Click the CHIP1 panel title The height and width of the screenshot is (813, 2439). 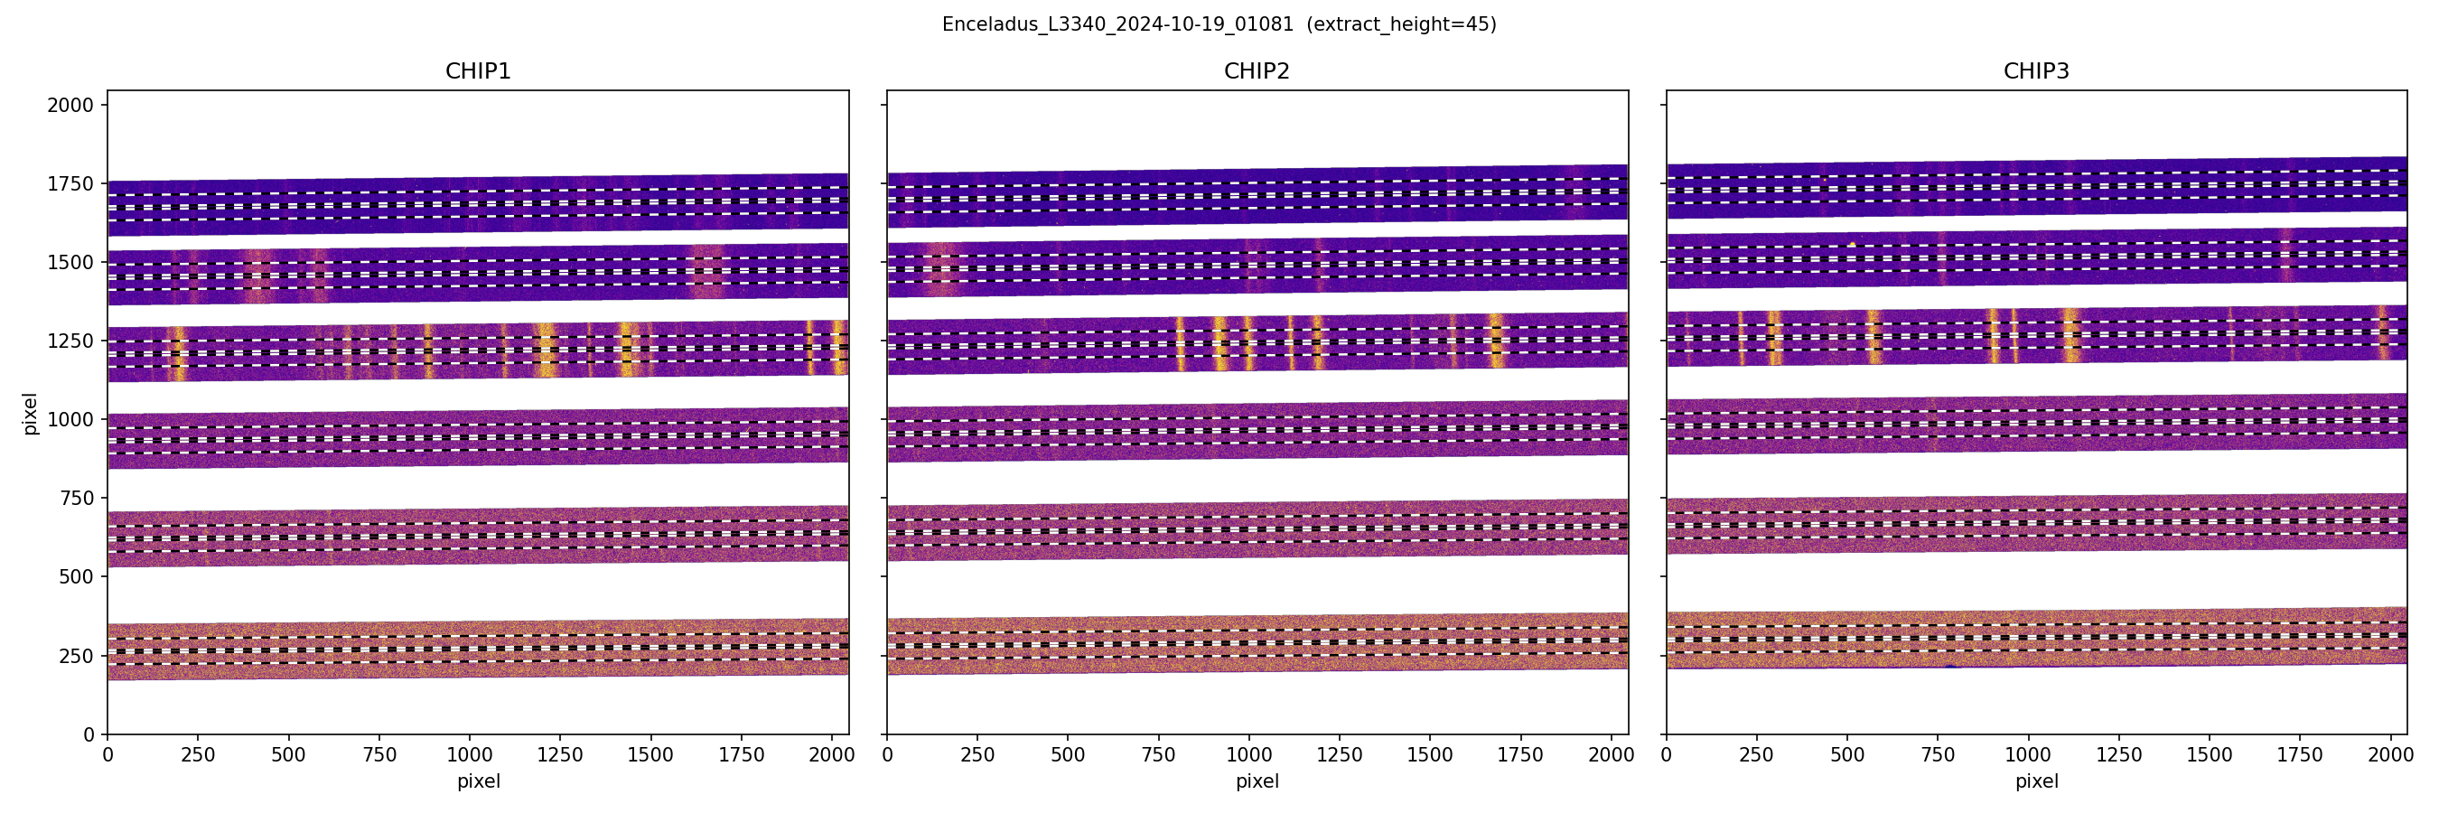click(x=477, y=71)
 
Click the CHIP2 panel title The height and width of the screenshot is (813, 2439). click(x=1257, y=71)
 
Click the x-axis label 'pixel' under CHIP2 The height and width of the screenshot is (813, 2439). click(x=1257, y=780)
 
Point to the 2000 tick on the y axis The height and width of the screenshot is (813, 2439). click(x=70, y=105)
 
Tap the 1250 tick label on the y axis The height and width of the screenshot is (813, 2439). click(x=70, y=341)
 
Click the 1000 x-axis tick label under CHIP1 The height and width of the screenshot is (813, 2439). click(x=470, y=755)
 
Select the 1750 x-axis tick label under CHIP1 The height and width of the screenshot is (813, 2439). click(x=742, y=755)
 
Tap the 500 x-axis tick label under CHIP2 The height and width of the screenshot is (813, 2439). click(x=1068, y=755)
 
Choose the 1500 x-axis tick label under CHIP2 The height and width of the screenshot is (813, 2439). click(x=1430, y=755)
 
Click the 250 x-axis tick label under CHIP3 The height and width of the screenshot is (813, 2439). click(x=1756, y=755)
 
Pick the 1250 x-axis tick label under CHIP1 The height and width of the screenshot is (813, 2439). click(x=560, y=755)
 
